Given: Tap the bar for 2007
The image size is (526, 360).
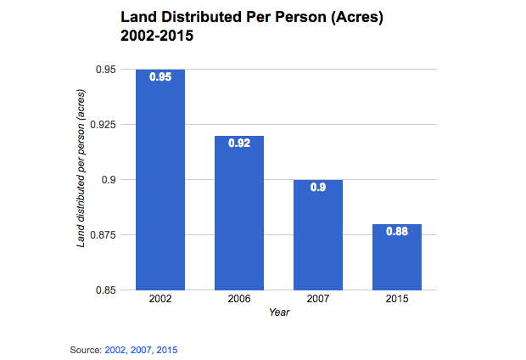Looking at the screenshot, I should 318,234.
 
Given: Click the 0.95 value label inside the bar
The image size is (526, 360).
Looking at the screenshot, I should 160,76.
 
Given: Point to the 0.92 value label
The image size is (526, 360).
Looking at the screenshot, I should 239,143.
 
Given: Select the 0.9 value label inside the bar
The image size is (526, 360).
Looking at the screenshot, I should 318,188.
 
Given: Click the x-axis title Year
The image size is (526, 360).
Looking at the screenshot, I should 279,313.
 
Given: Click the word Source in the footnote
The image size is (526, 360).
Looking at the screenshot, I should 86,350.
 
